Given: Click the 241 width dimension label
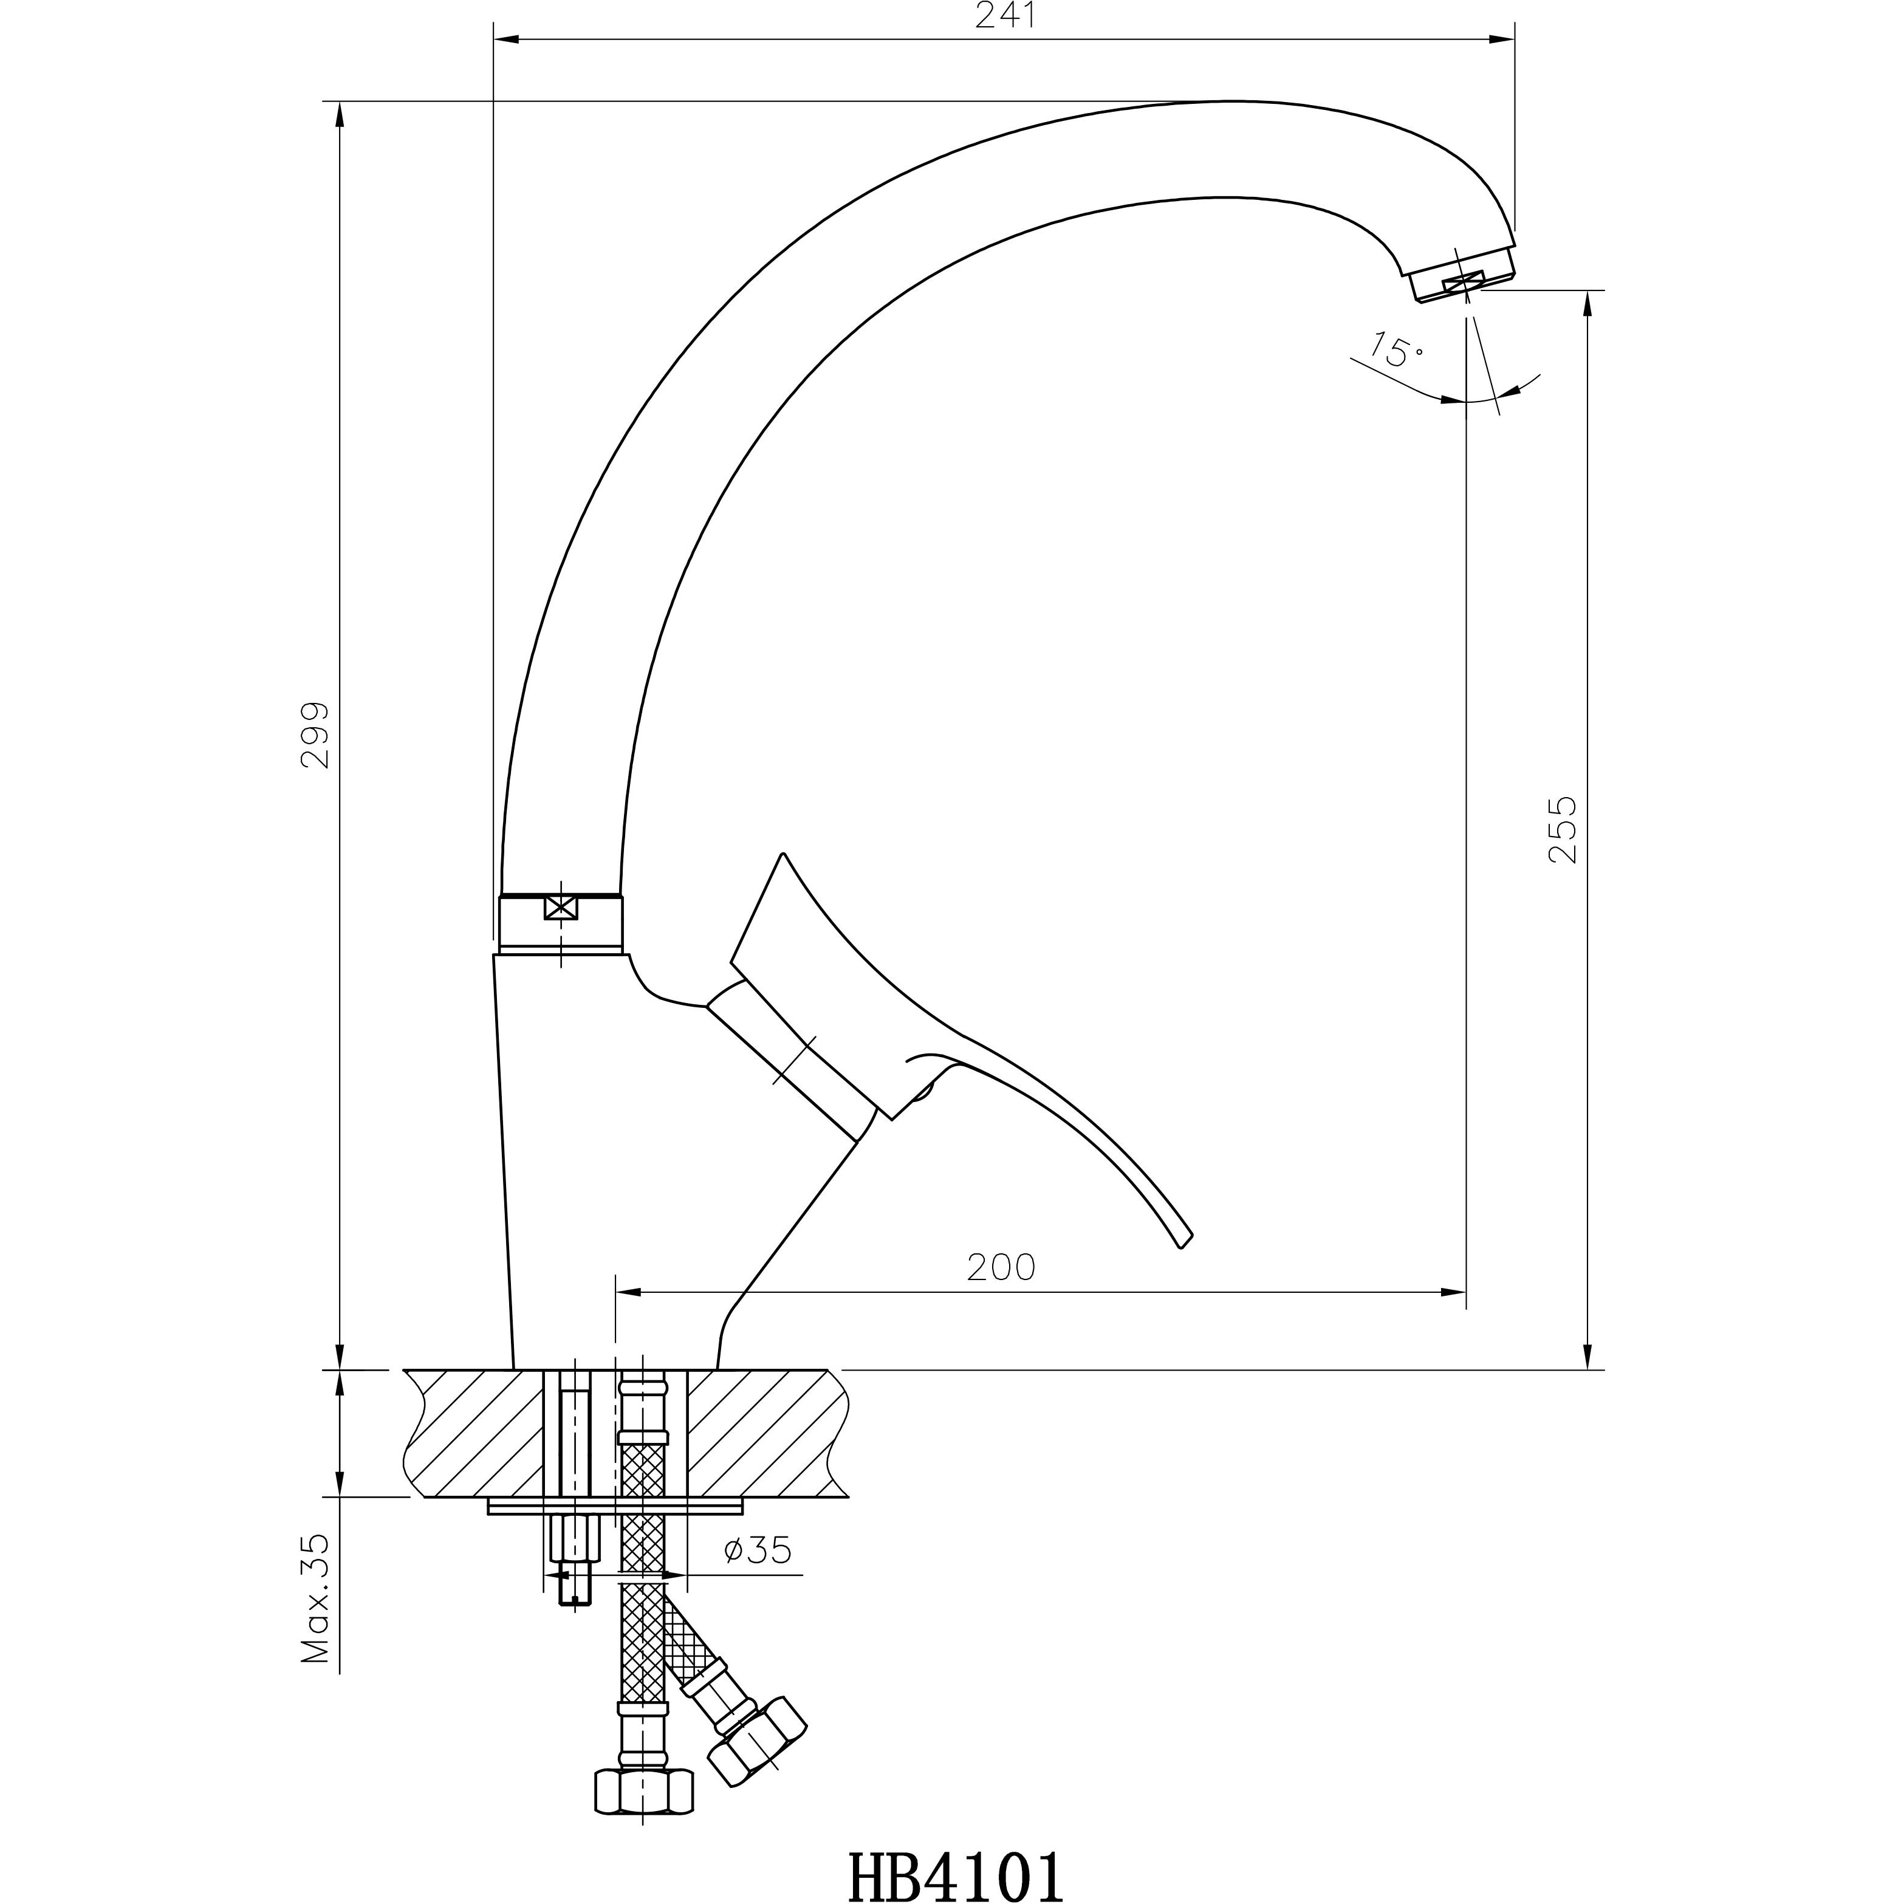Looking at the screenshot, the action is (x=1006, y=17).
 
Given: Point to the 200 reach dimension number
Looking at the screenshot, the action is (x=1001, y=1267).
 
